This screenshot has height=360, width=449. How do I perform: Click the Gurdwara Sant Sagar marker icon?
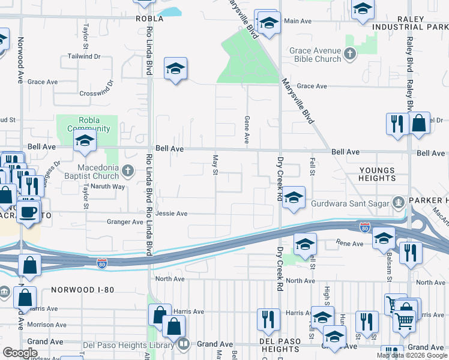[397, 203]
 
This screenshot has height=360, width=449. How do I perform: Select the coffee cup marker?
[28, 211]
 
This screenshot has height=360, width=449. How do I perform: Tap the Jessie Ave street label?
[172, 214]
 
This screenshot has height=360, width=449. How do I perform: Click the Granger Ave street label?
[125, 222]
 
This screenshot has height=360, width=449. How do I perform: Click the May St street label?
[214, 165]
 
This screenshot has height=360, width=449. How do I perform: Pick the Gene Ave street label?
[247, 130]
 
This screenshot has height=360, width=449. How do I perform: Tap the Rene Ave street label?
[350, 244]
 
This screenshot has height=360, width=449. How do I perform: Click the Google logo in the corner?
[20, 353]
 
